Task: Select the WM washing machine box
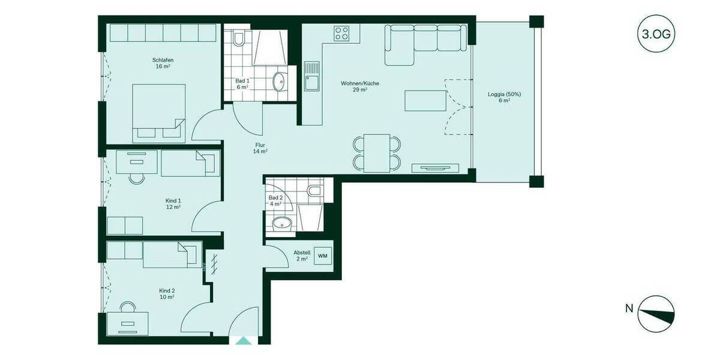click(x=323, y=256)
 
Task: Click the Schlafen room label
click(x=163, y=63)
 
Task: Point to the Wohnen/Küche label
click(x=360, y=86)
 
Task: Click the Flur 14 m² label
click(x=260, y=148)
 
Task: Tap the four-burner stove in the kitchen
click(x=342, y=33)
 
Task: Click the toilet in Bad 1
click(x=239, y=40)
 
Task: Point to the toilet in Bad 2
click(x=314, y=191)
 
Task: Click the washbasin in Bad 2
click(x=281, y=224)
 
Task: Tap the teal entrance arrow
click(x=244, y=341)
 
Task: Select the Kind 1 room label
click(x=173, y=204)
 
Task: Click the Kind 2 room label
click(x=167, y=293)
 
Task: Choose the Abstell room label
click(x=302, y=256)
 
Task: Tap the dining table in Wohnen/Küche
click(x=377, y=153)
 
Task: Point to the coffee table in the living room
click(x=425, y=100)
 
